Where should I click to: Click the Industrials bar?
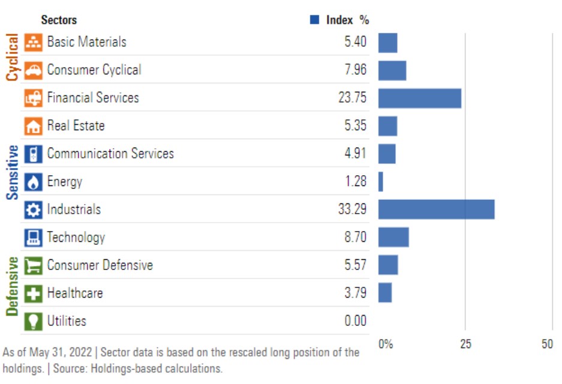tap(436, 209)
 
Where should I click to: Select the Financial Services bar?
tap(419, 98)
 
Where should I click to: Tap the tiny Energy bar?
tap(380, 181)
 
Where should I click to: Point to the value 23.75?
tap(352, 98)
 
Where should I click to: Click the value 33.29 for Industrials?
tap(352, 209)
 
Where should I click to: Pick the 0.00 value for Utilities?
tap(355, 321)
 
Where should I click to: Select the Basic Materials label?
tap(86, 42)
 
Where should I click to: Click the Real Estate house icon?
tap(34, 126)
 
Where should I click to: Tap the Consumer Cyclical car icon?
tap(34, 70)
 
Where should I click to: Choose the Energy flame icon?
tap(34, 182)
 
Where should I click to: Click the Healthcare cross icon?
tap(34, 293)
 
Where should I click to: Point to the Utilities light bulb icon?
tap(34, 321)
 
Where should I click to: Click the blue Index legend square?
tap(314, 20)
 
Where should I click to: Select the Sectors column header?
tap(59, 20)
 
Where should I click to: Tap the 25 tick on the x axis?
tap(465, 344)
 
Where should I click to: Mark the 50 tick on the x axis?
tap(547, 344)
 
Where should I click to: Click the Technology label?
tap(76, 238)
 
